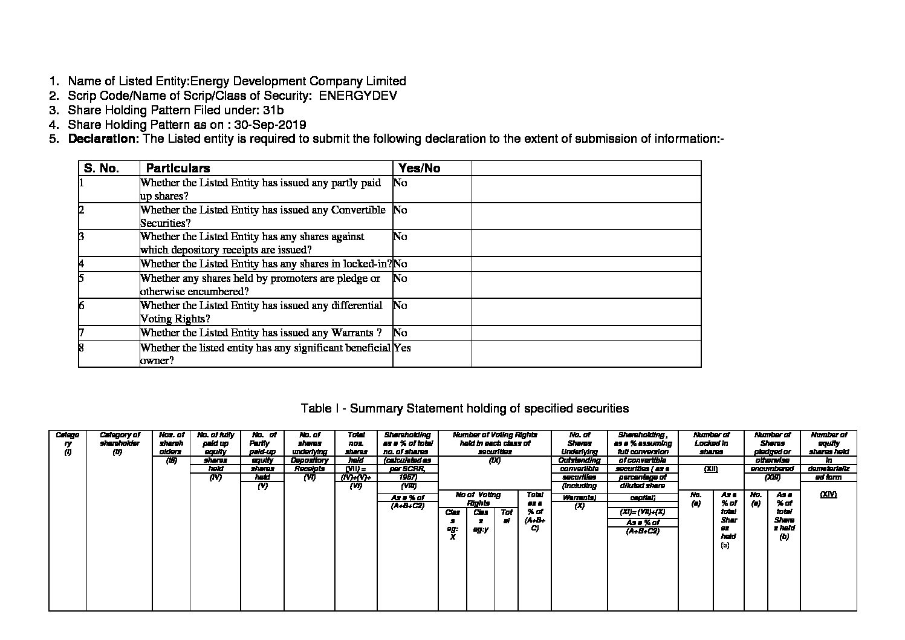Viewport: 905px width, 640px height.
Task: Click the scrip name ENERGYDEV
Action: click(357, 96)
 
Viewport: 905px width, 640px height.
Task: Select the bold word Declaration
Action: click(103, 139)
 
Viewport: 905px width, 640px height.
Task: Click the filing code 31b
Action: click(273, 110)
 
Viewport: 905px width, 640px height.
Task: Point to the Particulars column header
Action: click(178, 168)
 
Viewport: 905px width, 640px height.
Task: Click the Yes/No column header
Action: click(419, 168)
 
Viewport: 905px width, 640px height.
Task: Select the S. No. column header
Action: click(102, 168)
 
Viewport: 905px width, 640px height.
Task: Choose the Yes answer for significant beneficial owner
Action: click(402, 348)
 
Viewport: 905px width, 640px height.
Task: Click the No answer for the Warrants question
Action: click(400, 333)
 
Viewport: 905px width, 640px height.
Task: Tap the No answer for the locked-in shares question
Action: click(400, 264)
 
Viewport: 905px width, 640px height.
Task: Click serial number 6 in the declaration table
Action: click(82, 305)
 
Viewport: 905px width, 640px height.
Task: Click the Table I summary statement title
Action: click(464, 408)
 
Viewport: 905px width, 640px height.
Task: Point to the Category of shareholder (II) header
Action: click(119, 443)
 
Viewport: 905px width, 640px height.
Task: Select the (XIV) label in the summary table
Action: click(828, 494)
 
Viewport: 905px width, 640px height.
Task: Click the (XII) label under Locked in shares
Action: click(710, 469)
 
